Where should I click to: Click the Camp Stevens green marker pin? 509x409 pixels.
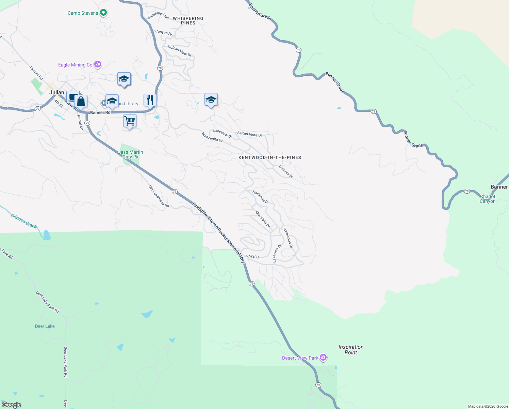tap(104, 13)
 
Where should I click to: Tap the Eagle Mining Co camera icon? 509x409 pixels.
tap(98, 64)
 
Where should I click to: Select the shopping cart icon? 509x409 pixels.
tap(130, 121)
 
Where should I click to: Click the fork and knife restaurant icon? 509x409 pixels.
tap(150, 100)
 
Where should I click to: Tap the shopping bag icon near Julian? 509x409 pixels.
tap(81, 101)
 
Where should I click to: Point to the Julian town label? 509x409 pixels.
tap(56, 92)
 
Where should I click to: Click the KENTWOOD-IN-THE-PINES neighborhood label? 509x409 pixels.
tap(269, 157)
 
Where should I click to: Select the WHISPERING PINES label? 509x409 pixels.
tap(188, 21)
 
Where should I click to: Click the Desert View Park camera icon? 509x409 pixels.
tap(323, 358)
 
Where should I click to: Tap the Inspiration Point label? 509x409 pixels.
tap(351, 350)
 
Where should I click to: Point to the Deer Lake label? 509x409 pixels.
tap(45, 326)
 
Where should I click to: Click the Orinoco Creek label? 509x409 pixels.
tap(24, 221)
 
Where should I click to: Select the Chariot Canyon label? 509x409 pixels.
tap(488, 199)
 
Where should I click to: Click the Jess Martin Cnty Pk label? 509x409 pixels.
tap(131, 154)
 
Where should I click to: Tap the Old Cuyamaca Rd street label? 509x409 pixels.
tap(159, 196)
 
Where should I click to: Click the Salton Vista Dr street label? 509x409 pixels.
tap(249, 134)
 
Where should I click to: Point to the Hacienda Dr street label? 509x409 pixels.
tap(261, 197)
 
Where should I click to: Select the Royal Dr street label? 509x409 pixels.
tap(253, 257)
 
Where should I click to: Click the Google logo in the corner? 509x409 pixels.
tap(12, 405)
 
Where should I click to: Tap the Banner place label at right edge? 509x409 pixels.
tap(499, 187)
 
